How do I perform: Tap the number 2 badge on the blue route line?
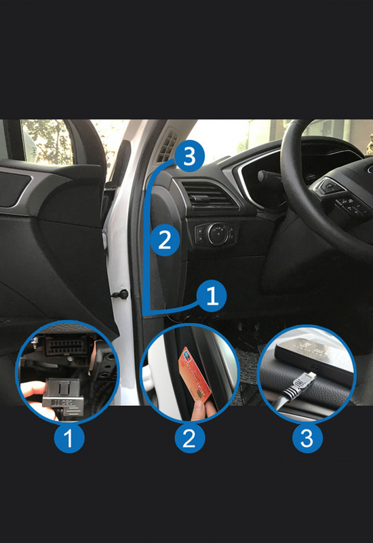pos(165,240)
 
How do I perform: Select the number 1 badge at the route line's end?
pos(212,296)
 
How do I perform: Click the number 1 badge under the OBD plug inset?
pos(68,438)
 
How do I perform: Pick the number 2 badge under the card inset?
pos(189,438)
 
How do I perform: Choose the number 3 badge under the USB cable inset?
pos(307,438)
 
